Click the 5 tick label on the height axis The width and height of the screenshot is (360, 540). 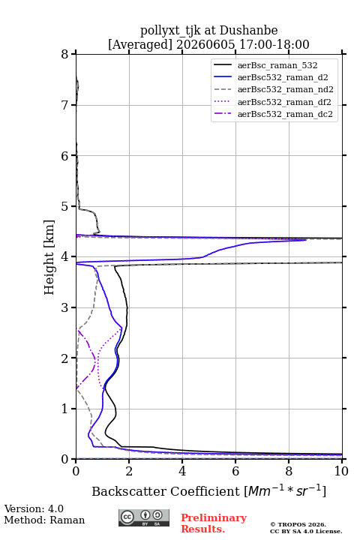pos(65,206)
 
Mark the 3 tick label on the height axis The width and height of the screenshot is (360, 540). pos(65,307)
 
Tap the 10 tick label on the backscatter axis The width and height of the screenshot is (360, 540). pos(341,471)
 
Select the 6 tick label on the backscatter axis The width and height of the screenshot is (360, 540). pos(235,471)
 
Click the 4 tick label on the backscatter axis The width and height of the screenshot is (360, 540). pos(182,471)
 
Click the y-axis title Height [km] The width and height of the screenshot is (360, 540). pos(49,257)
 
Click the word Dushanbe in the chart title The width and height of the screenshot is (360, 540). pos(249,30)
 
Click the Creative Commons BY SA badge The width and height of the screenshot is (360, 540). pos(144,517)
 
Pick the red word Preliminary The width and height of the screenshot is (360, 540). pos(214,518)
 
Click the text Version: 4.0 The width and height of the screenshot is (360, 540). pos(34,508)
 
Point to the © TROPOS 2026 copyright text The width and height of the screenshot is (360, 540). pos(298,524)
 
